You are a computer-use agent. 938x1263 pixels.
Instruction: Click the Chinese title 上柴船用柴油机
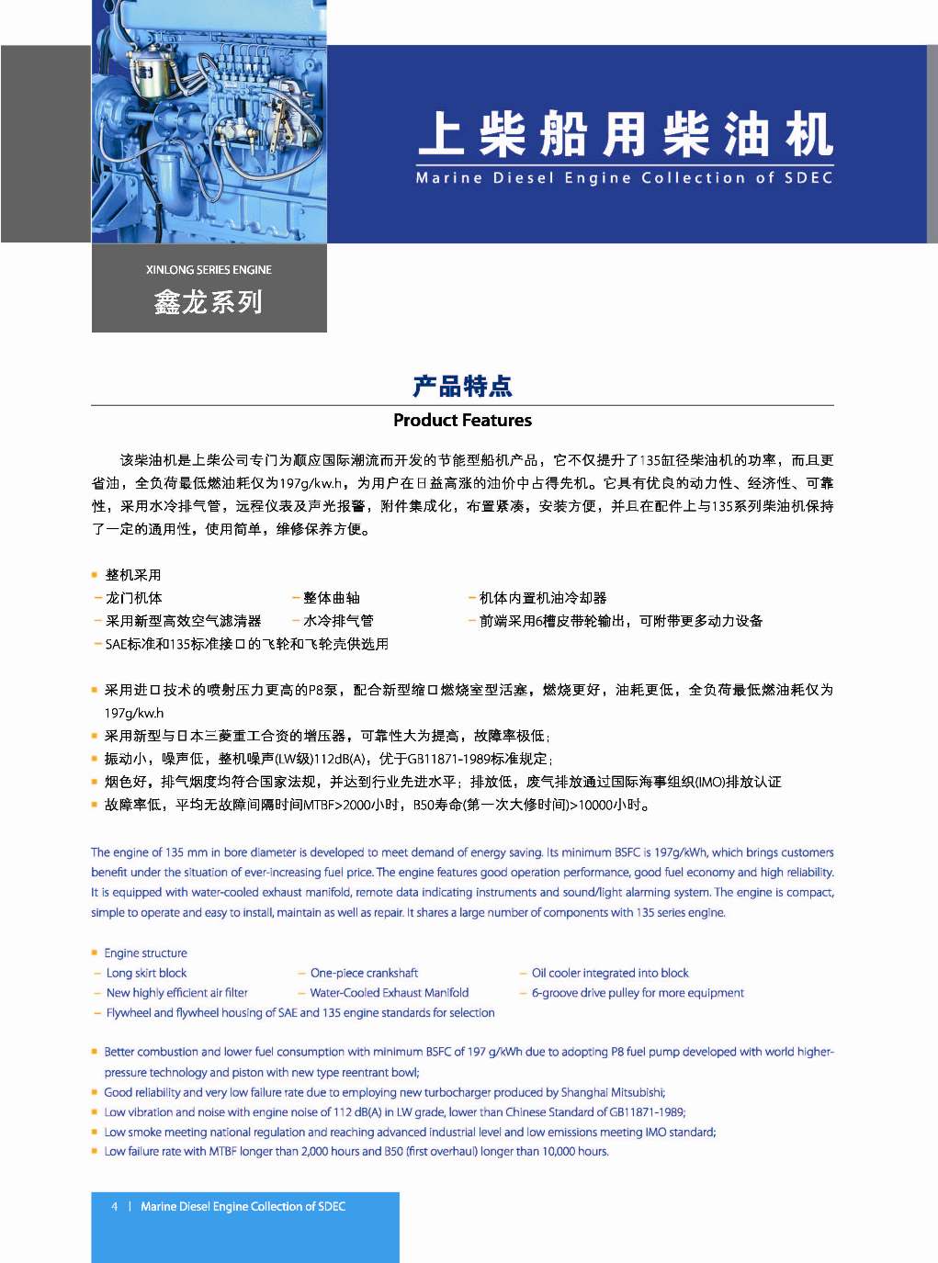[625, 134]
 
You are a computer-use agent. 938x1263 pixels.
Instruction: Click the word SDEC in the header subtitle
[808, 178]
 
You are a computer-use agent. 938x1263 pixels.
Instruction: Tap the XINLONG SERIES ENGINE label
[209, 270]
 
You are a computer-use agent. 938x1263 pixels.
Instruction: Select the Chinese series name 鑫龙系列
[209, 302]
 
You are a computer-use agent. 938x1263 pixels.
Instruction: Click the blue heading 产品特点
[462, 386]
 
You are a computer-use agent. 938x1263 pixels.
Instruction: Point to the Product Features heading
[462, 421]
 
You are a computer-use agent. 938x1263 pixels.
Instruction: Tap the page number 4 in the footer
[115, 1207]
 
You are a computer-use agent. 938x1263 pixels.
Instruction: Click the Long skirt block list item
[146, 974]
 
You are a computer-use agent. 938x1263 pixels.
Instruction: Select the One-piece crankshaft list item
[364, 974]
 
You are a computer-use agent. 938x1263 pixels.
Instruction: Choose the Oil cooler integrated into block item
[610, 974]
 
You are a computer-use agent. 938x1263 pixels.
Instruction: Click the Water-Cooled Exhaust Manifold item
[390, 993]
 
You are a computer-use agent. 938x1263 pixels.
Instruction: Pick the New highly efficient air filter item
[176, 993]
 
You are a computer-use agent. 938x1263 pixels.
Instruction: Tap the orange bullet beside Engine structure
[95, 953]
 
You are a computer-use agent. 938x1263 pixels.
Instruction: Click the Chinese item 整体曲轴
[332, 598]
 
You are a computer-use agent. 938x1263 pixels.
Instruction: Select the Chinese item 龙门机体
[133, 598]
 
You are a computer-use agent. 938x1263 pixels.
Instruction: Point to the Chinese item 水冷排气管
[338, 621]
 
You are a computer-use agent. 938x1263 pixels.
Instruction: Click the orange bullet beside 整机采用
[95, 575]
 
